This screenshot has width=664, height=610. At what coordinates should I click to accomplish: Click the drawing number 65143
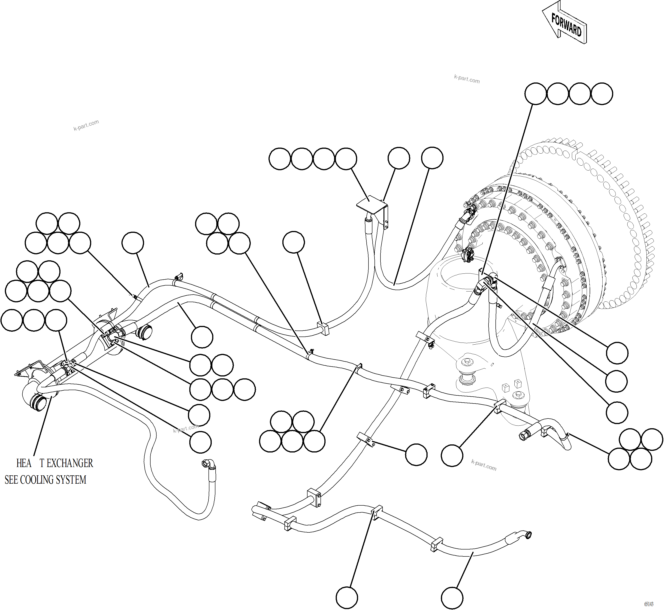[649, 604]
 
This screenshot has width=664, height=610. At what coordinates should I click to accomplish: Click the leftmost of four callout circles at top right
[535, 94]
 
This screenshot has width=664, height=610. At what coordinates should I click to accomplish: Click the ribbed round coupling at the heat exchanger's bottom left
[37, 403]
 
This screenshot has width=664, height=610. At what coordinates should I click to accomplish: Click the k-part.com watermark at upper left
[86, 125]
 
